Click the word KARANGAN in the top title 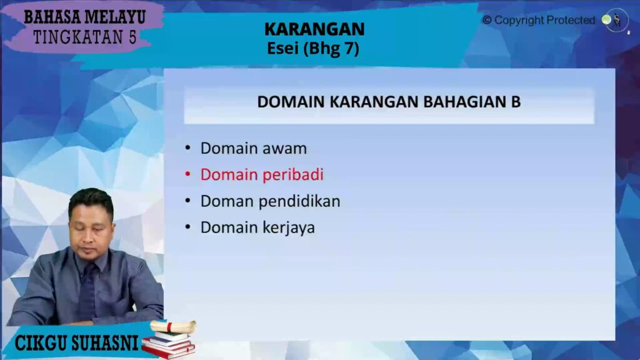click(314, 29)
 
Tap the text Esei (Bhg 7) click(313, 49)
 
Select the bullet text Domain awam click(254, 149)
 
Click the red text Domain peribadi click(262, 175)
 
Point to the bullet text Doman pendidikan click(270, 201)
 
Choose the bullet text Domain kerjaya click(257, 227)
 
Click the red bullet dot click(187, 174)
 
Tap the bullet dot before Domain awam click(187, 147)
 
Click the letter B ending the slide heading click(516, 102)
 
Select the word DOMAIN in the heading click(291, 102)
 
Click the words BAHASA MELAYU click(84, 17)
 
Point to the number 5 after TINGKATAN click(132, 37)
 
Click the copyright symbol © click(487, 20)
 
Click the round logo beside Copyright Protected click(616, 20)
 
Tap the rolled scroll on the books click(173, 326)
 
